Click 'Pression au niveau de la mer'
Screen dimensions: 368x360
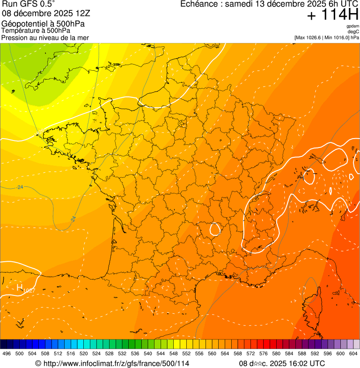click(45, 37)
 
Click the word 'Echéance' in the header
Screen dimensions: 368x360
click(200, 4)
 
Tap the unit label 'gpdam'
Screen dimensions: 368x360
click(353, 26)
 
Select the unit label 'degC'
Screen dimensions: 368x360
click(353, 32)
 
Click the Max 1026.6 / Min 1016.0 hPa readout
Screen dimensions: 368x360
click(326, 37)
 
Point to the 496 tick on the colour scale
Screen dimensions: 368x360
click(7, 353)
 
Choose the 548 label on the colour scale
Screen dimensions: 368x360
click(173, 353)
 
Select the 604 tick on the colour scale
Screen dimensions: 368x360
click(353, 353)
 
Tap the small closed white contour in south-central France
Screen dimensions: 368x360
click(215, 229)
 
